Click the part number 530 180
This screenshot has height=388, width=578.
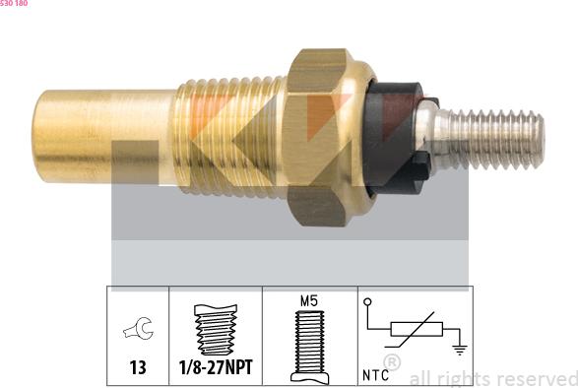coord(14,4)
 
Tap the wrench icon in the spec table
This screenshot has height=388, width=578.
coord(137,333)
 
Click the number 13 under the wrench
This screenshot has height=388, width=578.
coord(137,367)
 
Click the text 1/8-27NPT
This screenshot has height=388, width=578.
coord(216,367)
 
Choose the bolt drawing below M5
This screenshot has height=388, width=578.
coord(310,344)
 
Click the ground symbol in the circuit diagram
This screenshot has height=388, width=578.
coord(458,348)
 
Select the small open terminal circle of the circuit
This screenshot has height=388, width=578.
coord(367,301)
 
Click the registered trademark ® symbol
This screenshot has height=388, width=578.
coord(392,363)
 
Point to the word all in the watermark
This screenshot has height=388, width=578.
coord(420,378)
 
